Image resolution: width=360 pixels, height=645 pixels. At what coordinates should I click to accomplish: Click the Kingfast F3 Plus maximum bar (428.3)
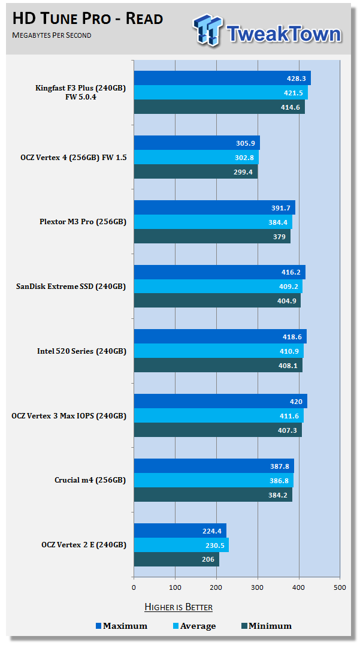click(x=222, y=78)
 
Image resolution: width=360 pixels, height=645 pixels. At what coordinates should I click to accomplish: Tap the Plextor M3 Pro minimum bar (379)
click(x=211, y=236)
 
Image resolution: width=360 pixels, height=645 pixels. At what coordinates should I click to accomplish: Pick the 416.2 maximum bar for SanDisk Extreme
click(x=219, y=272)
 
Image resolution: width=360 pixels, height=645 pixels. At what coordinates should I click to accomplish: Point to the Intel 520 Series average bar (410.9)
click(x=218, y=351)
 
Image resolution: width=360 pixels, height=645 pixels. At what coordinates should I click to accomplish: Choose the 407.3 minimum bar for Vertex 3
click(x=217, y=430)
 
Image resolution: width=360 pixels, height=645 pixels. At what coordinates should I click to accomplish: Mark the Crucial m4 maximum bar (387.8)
click(x=214, y=466)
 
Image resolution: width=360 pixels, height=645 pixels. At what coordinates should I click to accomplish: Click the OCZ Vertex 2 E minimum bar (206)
click(x=176, y=559)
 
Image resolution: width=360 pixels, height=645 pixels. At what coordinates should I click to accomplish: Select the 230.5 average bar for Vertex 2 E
click(x=181, y=545)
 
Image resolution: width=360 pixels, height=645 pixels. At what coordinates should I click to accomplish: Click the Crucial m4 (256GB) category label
click(x=90, y=480)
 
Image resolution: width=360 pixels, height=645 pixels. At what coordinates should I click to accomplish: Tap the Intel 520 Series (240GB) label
click(x=81, y=351)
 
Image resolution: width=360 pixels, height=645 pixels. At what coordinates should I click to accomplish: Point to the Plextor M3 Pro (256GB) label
click(x=83, y=222)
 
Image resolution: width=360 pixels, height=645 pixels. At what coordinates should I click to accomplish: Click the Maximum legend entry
click(x=122, y=626)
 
